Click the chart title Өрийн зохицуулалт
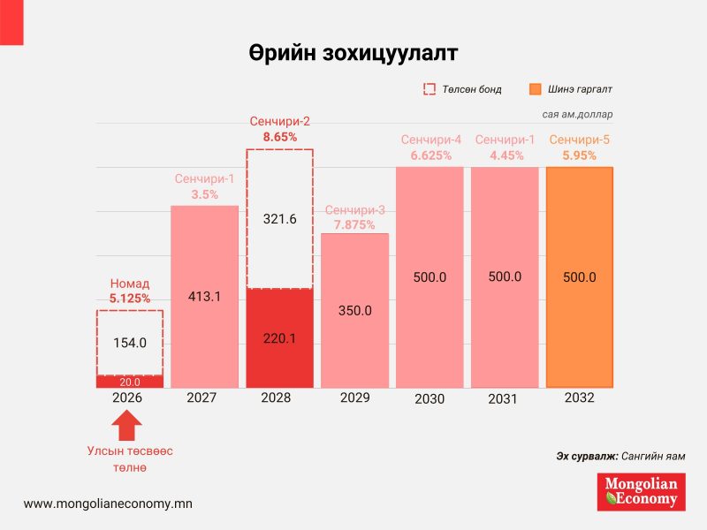pos(353,53)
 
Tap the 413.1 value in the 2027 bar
pos(204,297)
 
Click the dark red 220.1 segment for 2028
pos(279,337)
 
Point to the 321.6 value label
pos(279,219)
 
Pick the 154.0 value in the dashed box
pos(129,343)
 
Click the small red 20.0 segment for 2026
pos(129,382)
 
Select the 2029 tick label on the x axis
pos(354,398)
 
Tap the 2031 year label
pos(504,399)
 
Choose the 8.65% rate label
pos(279,137)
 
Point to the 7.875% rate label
pos(354,224)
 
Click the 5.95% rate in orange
pos(579,155)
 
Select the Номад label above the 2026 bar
pos(129,284)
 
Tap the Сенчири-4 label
pos(430,140)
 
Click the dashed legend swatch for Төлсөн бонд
pos(430,89)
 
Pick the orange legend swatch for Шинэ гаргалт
pos(535,89)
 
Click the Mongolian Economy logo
pos(641,492)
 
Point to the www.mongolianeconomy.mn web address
pos(108,503)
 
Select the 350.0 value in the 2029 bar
pos(354,311)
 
